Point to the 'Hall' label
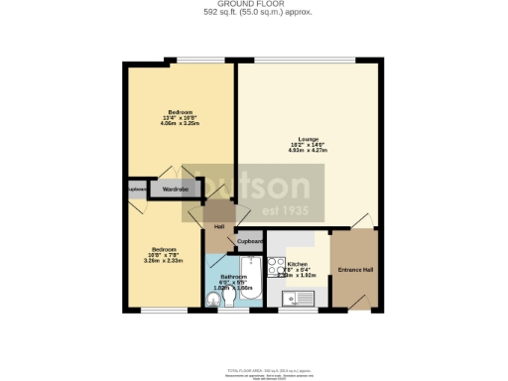click(x=218, y=227)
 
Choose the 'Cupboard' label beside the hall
click(x=249, y=241)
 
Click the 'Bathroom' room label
click(x=234, y=277)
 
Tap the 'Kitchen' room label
click(x=298, y=264)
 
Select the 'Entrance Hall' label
click(x=354, y=269)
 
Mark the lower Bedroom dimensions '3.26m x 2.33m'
click(x=163, y=261)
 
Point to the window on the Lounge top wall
click(x=308, y=58)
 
